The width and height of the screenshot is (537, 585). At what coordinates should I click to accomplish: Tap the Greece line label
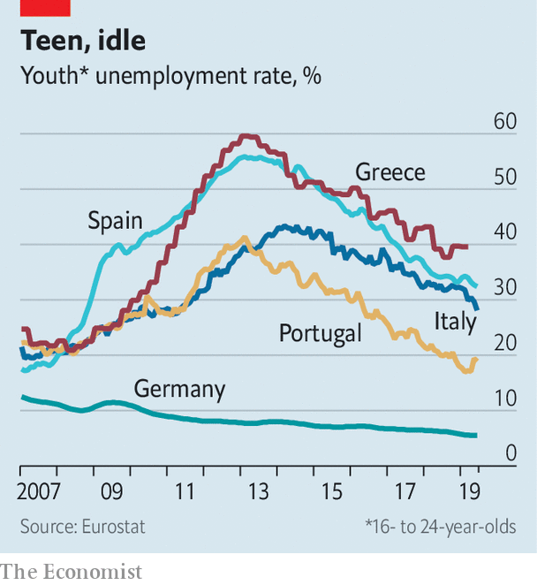[x=390, y=171]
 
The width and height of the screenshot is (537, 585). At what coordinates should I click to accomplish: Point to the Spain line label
[x=115, y=220]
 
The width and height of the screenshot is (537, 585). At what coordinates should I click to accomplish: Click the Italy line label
[x=454, y=322]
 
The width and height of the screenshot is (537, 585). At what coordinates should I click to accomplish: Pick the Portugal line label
[x=321, y=333]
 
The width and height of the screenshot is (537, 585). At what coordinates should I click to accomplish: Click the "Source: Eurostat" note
[x=83, y=526]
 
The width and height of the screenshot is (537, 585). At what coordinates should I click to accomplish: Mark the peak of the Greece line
[x=247, y=136]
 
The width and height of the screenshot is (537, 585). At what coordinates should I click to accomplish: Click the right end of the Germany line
[x=476, y=435]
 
